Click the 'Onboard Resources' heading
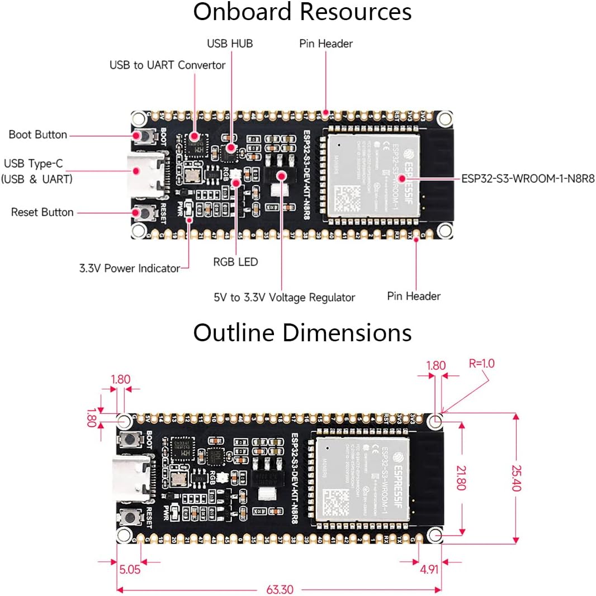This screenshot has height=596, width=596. click(x=302, y=12)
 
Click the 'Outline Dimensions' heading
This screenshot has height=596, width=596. click(x=302, y=332)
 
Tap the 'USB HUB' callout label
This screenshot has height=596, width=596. click(x=230, y=43)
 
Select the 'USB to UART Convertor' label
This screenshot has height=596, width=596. click(x=167, y=65)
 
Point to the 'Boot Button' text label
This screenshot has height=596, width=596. click(x=38, y=135)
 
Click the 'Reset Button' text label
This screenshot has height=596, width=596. click(x=42, y=212)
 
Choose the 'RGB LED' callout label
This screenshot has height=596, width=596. click(x=235, y=261)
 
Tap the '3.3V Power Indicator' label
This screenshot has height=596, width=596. click(x=130, y=268)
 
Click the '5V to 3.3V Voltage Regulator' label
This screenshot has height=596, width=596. click(x=285, y=297)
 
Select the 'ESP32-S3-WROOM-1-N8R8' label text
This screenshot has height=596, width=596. click(x=528, y=179)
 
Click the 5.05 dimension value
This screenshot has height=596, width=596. click(x=129, y=570)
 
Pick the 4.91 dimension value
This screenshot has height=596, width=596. click(x=430, y=570)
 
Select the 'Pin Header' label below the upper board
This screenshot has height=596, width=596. click(x=414, y=296)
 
